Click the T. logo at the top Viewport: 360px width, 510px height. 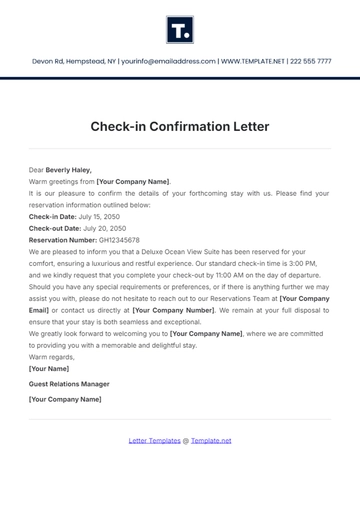180,29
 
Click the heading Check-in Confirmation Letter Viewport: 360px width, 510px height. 180,127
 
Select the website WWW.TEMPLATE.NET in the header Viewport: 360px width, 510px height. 249,61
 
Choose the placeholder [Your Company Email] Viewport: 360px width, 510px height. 305,298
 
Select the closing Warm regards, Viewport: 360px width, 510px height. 51,356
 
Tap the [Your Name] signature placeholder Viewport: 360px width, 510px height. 48,368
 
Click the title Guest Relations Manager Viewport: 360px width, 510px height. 69,383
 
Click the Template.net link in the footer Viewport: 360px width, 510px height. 211,440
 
